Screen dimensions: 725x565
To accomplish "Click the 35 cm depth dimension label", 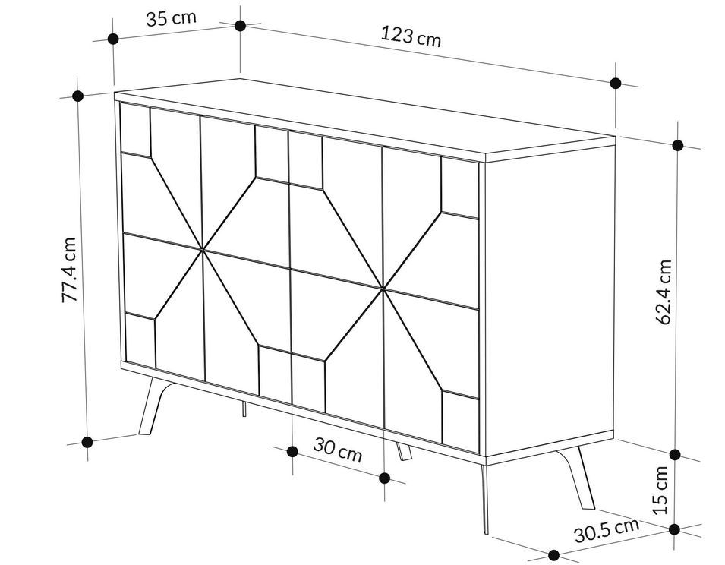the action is tap(171, 18).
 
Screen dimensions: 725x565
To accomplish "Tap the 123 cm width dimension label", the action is tap(411, 36).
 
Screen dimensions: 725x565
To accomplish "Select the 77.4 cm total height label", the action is tap(69, 270).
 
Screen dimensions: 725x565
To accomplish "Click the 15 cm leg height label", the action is tap(660, 490).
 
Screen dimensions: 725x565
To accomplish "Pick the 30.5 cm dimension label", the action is tap(607, 530).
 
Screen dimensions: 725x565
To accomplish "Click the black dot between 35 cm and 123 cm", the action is tap(240, 25).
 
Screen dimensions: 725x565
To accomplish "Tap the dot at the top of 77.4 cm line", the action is tap(77, 96).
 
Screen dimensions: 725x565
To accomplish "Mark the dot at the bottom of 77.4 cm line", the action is tap(87, 442).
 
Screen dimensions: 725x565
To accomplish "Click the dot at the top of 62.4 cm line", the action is tap(678, 145).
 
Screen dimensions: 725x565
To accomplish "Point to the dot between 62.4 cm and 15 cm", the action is tap(675, 454).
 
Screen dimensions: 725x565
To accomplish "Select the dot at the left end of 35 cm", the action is tap(113, 39).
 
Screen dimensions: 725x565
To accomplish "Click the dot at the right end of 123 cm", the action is tap(616, 84).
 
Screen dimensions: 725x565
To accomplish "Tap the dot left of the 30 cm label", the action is tap(292, 451).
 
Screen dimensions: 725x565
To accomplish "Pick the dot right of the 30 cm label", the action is tap(384, 478).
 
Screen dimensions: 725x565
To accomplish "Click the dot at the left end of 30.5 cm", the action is tap(553, 555).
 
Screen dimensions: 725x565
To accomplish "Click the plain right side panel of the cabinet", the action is tap(548, 296).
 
